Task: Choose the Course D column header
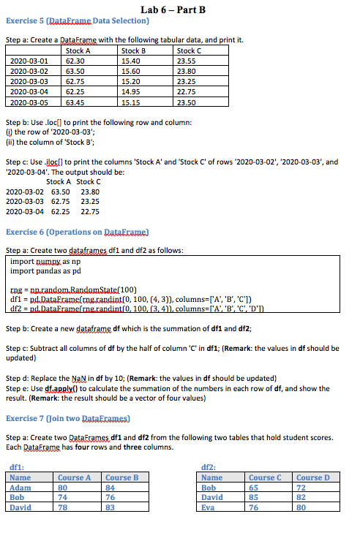point(312,477)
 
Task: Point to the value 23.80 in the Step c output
point(90,192)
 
